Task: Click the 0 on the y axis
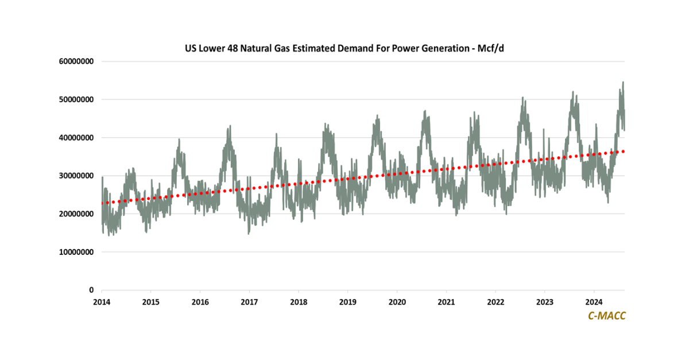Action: click(92, 290)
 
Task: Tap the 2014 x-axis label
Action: click(102, 301)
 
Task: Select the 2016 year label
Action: click(200, 301)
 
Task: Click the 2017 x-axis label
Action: click(249, 301)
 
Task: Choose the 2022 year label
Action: click(496, 301)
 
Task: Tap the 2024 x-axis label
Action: click(594, 301)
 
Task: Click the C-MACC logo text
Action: click(607, 315)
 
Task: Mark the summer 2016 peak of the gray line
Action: click(230, 126)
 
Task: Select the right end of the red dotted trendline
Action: click(624, 151)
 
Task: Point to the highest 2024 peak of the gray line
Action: click(623, 83)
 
